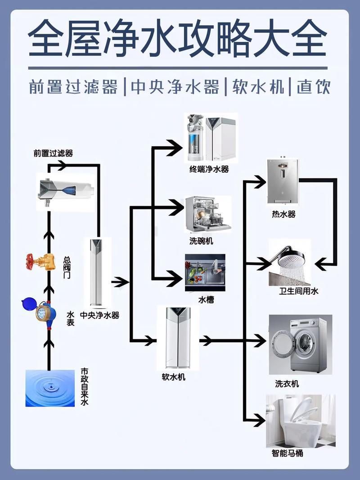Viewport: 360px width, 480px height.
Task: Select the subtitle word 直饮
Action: pos(314,86)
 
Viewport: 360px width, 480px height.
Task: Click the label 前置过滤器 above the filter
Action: pos(53,153)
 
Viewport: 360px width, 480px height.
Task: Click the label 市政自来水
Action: pos(84,387)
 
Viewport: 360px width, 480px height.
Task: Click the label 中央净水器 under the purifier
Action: pos(99,315)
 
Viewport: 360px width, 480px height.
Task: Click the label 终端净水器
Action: pos(209,169)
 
